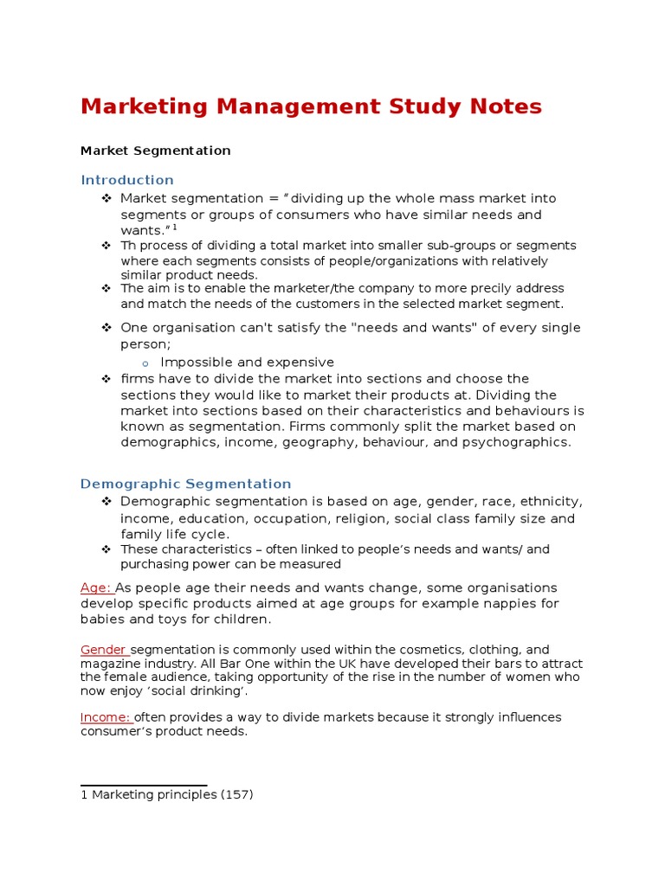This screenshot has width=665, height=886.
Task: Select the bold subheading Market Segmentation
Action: pyautogui.click(x=155, y=151)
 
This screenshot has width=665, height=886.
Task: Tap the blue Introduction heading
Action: pyautogui.click(x=127, y=180)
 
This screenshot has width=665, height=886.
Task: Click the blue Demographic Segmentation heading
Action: pyautogui.click(x=185, y=484)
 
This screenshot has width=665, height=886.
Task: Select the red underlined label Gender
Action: pyautogui.click(x=104, y=650)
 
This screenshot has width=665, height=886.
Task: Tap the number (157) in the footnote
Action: pyautogui.click(x=236, y=794)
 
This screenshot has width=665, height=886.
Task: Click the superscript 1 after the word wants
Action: pyautogui.click(x=174, y=228)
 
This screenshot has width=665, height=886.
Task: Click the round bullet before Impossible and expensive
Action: pyautogui.click(x=146, y=363)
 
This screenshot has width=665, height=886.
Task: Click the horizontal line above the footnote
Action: pyautogui.click(x=143, y=785)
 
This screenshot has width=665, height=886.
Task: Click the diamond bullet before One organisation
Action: pyautogui.click(x=107, y=328)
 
